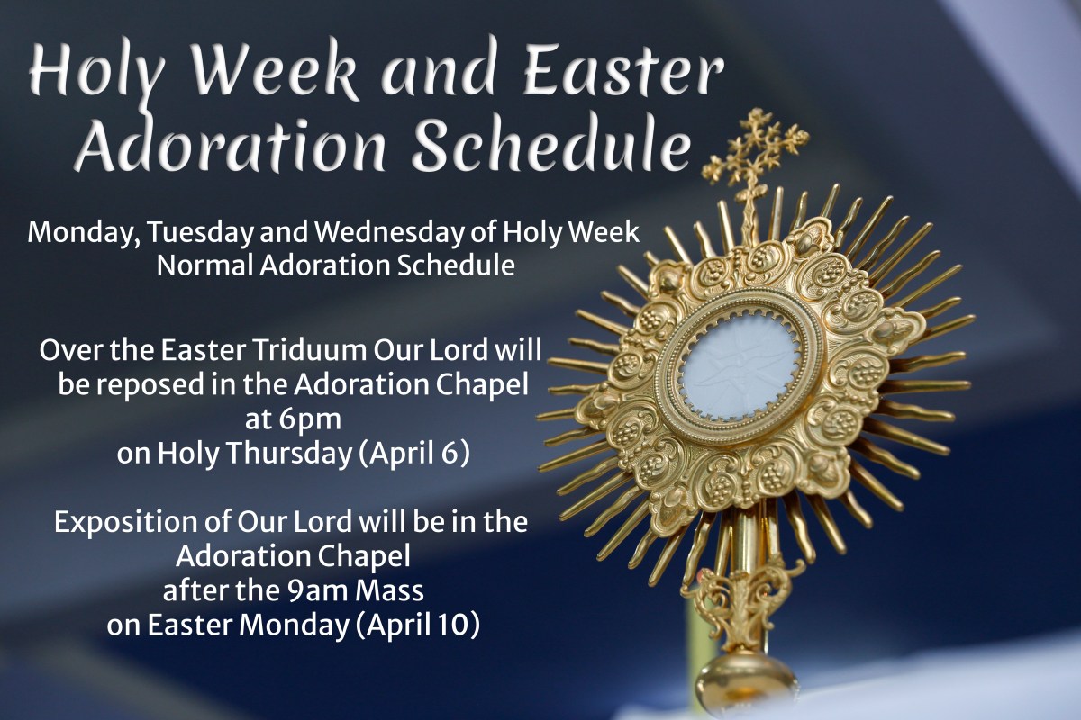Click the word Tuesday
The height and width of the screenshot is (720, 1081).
coord(201,234)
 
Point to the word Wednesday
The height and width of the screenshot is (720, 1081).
coord(406,233)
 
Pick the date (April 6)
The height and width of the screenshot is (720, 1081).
coord(414,454)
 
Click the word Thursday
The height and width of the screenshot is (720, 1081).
coord(288,454)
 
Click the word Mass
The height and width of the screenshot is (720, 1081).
coord(389,591)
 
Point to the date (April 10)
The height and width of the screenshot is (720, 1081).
coord(417,625)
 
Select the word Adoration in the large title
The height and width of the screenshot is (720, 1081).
coord(231,145)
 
